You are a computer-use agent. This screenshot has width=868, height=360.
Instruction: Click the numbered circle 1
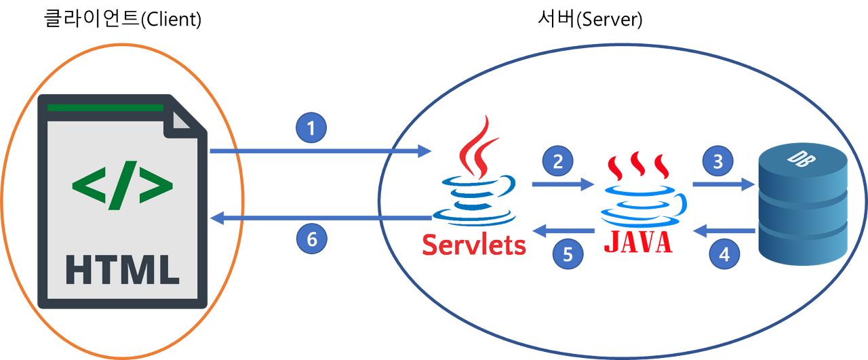311,128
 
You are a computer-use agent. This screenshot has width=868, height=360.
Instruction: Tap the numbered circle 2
557,161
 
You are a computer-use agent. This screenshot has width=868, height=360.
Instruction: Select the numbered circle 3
717,161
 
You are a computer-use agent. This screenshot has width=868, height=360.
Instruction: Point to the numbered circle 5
568,254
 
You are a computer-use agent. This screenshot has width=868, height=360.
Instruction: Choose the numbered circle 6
311,238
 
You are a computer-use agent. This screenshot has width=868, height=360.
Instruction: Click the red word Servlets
474,245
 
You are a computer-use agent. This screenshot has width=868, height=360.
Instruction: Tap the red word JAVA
637,241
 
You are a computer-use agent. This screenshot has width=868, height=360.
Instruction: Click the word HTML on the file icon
122,269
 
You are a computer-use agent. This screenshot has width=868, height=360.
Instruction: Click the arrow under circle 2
563,183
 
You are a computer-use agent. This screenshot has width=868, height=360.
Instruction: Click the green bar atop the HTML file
106,107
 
